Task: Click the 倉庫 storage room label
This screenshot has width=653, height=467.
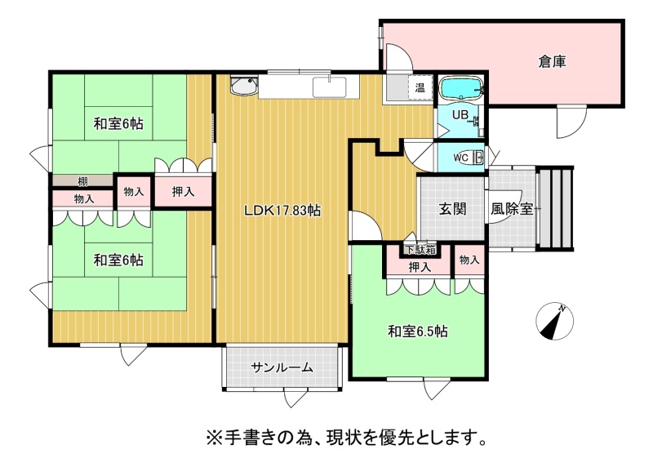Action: click(552, 62)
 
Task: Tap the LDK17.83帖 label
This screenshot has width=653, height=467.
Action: click(282, 211)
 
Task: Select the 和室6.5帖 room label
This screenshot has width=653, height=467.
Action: click(418, 331)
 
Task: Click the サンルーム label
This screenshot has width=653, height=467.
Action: click(282, 367)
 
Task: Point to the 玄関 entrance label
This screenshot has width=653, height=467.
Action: click(453, 209)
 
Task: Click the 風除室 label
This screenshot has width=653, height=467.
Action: click(512, 209)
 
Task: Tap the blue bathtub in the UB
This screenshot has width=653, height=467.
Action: click(461, 88)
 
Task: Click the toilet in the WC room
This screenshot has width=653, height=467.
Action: click(478, 158)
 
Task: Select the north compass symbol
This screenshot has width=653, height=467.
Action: click(554, 321)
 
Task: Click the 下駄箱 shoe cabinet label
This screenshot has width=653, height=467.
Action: click(420, 250)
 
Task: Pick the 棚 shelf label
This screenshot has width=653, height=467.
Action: click(82, 181)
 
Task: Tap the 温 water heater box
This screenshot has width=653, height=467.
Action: click(420, 88)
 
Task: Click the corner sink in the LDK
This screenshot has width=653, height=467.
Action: click(244, 86)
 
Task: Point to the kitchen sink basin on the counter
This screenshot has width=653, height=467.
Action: click(330, 87)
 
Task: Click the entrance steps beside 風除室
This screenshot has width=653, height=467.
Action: click(556, 207)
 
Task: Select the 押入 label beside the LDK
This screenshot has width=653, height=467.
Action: click(183, 191)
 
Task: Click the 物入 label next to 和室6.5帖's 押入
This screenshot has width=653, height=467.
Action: click(469, 260)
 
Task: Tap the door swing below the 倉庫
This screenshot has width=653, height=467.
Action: click(572, 122)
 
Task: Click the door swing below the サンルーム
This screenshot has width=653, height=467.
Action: click(296, 398)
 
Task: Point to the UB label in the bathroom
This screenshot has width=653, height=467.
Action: click(460, 114)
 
